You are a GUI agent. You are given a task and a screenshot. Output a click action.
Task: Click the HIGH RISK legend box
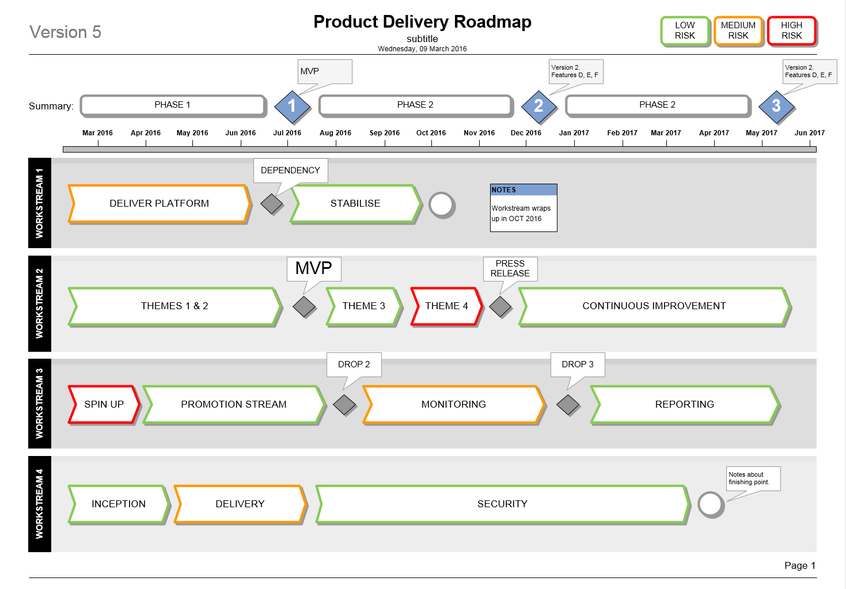click(x=792, y=31)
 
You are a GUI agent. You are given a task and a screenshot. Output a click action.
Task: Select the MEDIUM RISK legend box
click(x=738, y=31)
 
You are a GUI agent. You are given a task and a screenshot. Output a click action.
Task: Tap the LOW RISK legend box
click(x=685, y=31)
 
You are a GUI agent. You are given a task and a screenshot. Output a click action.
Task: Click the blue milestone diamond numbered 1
click(x=292, y=106)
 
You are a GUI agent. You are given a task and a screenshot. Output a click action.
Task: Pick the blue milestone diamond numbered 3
click(x=776, y=106)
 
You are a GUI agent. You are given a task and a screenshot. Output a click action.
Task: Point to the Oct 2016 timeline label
click(x=431, y=133)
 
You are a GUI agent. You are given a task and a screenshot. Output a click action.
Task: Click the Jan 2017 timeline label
click(x=574, y=133)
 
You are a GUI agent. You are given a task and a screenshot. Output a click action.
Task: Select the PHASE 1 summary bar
click(x=173, y=105)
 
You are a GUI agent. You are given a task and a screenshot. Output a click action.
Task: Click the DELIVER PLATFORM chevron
click(x=160, y=203)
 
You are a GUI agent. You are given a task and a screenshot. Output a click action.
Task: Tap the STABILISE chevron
click(x=355, y=203)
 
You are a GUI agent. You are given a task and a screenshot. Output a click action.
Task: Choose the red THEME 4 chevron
click(x=446, y=306)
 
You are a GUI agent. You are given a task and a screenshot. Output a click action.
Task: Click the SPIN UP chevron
click(x=104, y=404)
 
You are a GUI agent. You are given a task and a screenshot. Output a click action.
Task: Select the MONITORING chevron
click(x=454, y=404)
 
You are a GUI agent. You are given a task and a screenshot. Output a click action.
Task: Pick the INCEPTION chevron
click(x=119, y=504)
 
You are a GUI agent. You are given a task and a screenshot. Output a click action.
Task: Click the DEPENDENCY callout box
click(x=290, y=170)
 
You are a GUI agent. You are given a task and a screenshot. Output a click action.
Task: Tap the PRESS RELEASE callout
click(x=510, y=268)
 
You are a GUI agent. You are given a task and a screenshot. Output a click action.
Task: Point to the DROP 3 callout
click(x=578, y=364)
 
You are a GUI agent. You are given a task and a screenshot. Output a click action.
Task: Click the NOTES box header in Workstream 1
click(x=523, y=190)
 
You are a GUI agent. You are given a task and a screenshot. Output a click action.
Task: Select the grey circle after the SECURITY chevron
click(x=711, y=504)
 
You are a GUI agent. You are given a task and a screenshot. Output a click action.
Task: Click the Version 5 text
click(x=65, y=32)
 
